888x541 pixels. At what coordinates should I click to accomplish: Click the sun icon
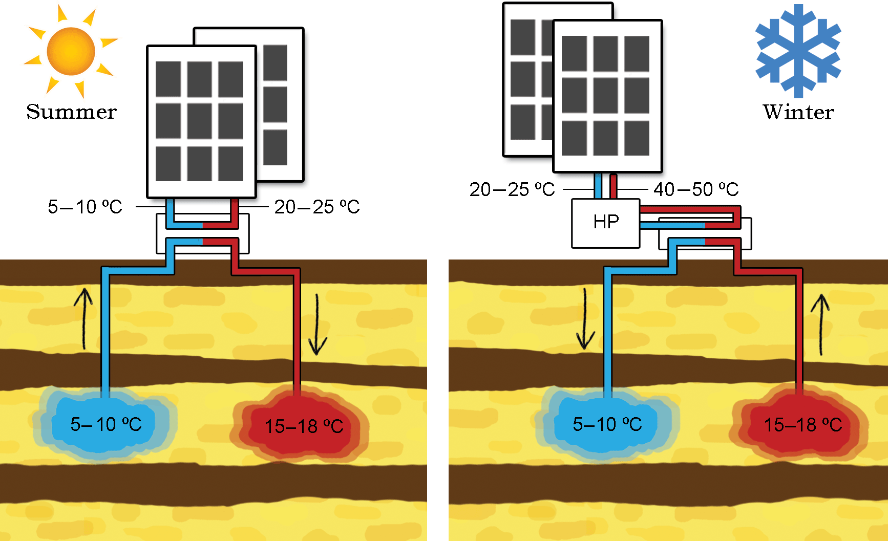(71, 51)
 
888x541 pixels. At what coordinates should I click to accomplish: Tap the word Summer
(72, 112)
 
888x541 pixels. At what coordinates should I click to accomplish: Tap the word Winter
(798, 112)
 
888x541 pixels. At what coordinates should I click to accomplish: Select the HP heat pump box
(606, 223)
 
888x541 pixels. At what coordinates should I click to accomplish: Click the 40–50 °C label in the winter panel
(696, 189)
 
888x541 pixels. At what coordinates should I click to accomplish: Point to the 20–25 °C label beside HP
(512, 189)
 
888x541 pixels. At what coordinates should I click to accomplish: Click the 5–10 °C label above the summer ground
(85, 207)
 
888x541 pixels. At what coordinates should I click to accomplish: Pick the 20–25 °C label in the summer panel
(317, 207)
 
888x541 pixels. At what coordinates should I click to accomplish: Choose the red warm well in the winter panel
(802, 425)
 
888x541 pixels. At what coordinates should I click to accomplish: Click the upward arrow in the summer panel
(83, 318)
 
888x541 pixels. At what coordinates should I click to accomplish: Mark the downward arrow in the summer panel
(317, 325)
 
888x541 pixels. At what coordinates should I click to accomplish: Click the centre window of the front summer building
(199, 121)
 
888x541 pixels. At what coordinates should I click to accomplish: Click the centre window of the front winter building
(605, 96)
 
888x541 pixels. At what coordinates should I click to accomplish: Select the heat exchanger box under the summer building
(203, 234)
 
